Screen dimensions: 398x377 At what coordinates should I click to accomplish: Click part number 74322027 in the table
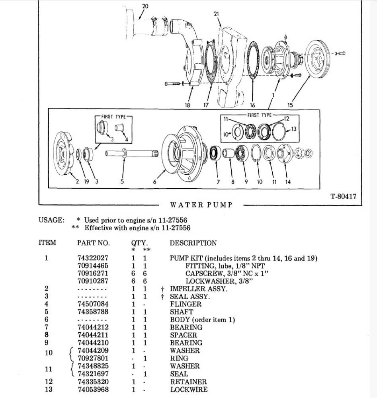92,258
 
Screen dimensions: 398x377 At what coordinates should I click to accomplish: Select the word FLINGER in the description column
186,304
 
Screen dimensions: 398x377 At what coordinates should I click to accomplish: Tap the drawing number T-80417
343,196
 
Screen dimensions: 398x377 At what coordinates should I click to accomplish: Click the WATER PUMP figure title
201,205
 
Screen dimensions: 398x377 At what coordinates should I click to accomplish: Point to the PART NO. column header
93,243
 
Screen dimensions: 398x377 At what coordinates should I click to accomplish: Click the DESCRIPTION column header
193,243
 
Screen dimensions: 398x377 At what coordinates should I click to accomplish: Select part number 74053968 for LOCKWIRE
92,389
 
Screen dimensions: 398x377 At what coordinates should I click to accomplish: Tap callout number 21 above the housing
216,14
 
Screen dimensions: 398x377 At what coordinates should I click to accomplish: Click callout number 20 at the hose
145,6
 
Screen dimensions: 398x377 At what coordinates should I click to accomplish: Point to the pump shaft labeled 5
131,153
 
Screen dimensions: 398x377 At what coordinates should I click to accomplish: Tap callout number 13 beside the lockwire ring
294,129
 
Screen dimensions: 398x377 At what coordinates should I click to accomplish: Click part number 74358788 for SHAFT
92,312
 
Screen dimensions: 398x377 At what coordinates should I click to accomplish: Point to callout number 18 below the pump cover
187,105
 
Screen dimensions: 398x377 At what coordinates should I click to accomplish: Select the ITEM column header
47,243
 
